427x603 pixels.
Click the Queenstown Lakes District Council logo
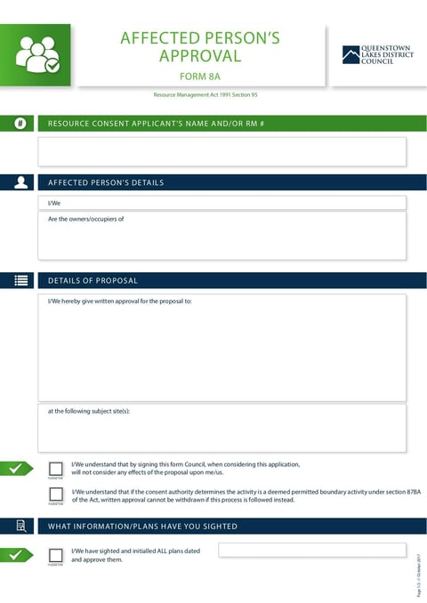pyautogui.click(x=377, y=55)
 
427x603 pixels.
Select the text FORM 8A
pyautogui.click(x=199, y=76)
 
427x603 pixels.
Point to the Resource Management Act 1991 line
pyautogui.click(x=205, y=94)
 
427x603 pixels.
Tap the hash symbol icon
pyautogui.click(x=20, y=124)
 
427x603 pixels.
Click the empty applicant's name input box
pyautogui.click(x=222, y=152)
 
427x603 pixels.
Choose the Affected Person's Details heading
pyautogui.click(x=106, y=182)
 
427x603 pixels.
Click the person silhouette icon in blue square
pyautogui.click(x=20, y=182)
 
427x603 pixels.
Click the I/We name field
pyautogui.click(x=222, y=203)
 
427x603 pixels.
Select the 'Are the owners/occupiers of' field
pyautogui.click(x=222, y=236)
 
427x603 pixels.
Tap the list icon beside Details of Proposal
pyautogui.click(x=20, y=280)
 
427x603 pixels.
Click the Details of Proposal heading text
pyautogui.click(x=93, y=280)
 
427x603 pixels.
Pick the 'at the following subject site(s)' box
pyautogui.click(x=222, y=429)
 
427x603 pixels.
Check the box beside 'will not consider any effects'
pyautogui.click(x=56, y=468)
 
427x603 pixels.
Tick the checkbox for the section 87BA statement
pyautogui.click(x=56, y=494)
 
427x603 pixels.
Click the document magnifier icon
pyautogui.click(x=20, y=526)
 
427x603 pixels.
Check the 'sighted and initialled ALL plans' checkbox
pyautogui.click(x=56, y=555)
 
